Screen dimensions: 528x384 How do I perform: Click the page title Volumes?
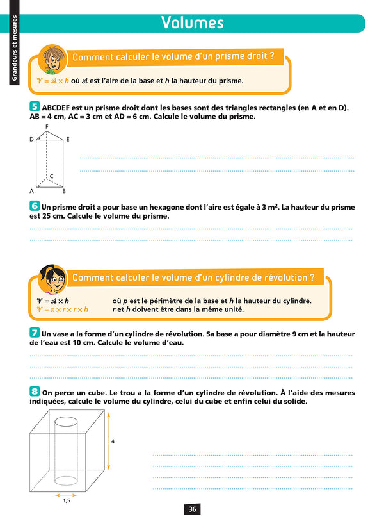click(192, 23)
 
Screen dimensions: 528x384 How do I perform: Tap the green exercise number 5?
click(33, 108)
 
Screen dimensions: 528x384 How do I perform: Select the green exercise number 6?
click(33, 206)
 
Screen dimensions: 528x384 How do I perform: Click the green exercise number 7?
click(33, 333)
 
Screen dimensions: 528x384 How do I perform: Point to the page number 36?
click(192, 509)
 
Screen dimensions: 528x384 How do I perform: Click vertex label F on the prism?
click(47, 128)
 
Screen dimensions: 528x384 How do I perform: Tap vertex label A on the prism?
click(31, 191)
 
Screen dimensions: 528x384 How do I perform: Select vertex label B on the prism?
click(63, 191)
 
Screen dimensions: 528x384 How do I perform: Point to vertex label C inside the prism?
click(51, 176)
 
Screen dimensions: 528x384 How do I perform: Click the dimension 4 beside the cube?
click(113, 441)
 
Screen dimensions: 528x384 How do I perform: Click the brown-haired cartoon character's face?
click(51, 60)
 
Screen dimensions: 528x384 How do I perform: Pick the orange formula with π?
click(62, 309)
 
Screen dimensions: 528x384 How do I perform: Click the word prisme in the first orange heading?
click(228, 57)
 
